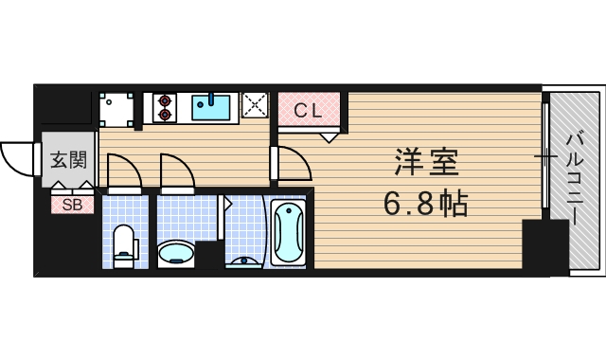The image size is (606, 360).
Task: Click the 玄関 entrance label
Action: pos(67,160)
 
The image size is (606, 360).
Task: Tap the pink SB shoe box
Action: pos(72,204)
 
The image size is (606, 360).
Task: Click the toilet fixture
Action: pos(124,245)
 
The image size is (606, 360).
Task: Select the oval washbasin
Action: pos(176,253)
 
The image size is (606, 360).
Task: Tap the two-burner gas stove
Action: pos(164,106)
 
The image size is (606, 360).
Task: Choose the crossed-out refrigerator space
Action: pos(255,105)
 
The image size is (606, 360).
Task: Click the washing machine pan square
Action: pos(117,107)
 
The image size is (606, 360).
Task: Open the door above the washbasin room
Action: pos(177,172)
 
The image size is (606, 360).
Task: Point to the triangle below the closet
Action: pos(329,137)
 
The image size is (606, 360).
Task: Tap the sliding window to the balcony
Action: pos(545,156)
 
